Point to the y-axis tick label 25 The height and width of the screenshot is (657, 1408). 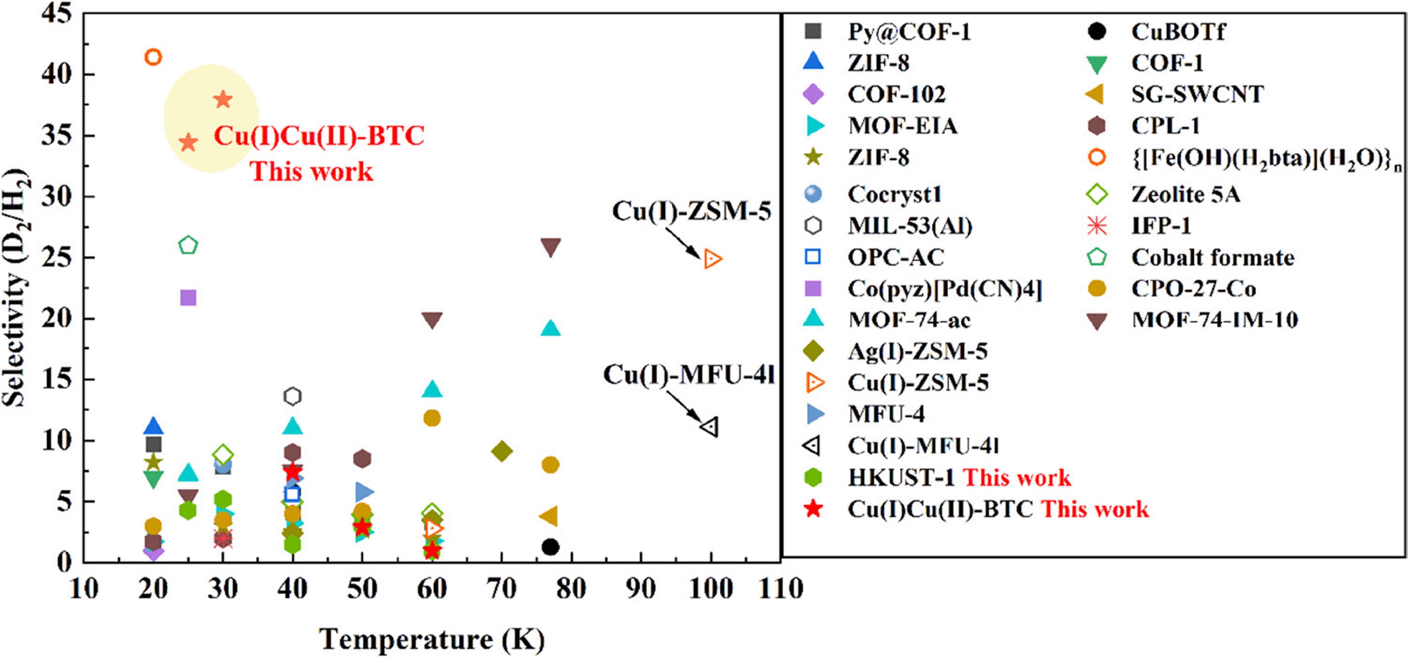click(x=57, y=257)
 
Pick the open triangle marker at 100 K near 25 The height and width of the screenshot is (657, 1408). click(x=712, y=259)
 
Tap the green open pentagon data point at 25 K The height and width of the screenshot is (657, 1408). click(x=188, y=246)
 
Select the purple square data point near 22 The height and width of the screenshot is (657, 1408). click(x=188, y=298)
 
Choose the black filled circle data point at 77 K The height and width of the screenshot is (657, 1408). click(x=550, y=547)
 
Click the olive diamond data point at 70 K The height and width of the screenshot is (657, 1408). click(x=502, y=451)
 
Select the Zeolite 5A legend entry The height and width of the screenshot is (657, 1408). click(x=1185, y=195)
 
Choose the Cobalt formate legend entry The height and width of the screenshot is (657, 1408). click(x=1212, y=257)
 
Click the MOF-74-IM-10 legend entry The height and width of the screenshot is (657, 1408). click(x=1214, y=320)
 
